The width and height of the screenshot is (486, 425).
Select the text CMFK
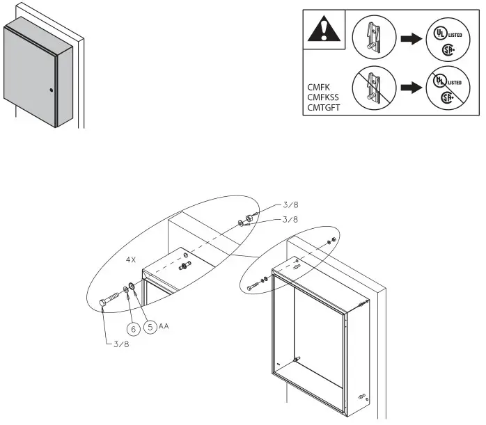pyautogui.click(x=319, y=88)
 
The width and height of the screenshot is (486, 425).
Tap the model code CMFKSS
pyautogui.click(x=322, y=98)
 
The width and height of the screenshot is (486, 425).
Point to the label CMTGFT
pyautogui.click(x=324, y=109)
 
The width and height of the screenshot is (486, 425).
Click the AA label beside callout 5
pyautogui.click(x=164, y=325)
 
